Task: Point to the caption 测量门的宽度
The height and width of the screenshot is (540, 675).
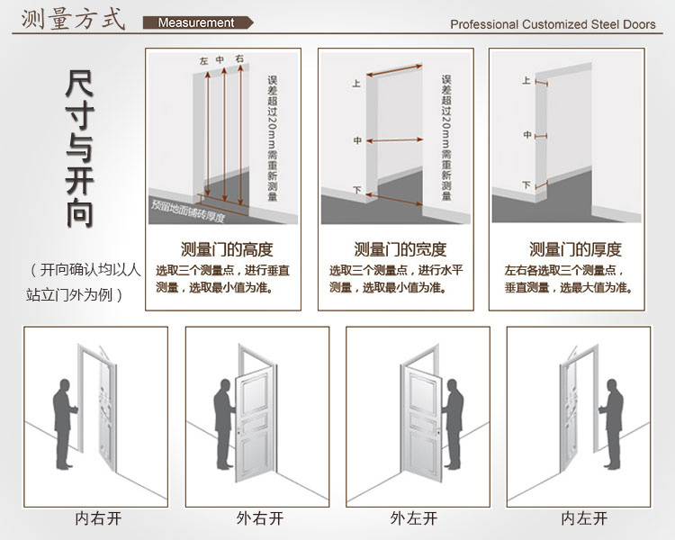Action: [x=400, y=249]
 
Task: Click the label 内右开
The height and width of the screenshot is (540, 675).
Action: [x=97, y=518]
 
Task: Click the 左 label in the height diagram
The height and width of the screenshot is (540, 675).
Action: [x=203, y=61]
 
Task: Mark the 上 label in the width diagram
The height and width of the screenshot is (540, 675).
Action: [x=356, y=84]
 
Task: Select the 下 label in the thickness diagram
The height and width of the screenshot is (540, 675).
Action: [x=526, y=185]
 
